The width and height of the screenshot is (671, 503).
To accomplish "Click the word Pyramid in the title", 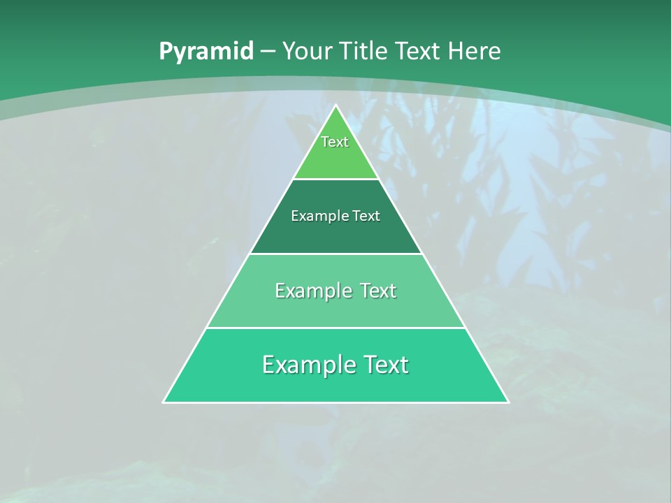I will [206, 52].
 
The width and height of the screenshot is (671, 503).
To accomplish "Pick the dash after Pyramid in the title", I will [268, 52].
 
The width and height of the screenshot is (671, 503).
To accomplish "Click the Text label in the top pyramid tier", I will [335, 142].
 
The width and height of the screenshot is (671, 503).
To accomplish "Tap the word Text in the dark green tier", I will [366, 216].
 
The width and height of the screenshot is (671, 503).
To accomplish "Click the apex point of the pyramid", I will [336, 105].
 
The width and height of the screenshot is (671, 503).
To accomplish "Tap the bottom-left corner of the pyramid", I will [164, 402].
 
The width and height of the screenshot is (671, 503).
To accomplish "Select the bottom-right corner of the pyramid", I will [508, 402].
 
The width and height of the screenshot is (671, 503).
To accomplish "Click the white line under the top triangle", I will [336, 179].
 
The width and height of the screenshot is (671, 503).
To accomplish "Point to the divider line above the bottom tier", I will [336, 328].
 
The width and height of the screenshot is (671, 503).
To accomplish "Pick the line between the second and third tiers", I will [336, 254].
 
